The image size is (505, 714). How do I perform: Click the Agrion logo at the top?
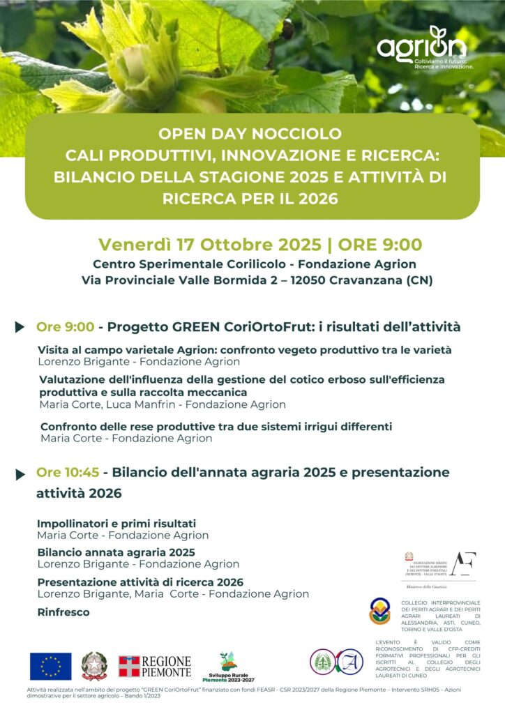[422, 47]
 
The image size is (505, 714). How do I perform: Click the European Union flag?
[50, 666]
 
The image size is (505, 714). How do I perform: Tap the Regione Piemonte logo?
[154, 667]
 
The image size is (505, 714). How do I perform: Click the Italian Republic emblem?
[94, 666]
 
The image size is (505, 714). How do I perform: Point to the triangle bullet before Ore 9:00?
[20, 327]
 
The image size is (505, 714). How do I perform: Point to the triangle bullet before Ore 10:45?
[20, 474]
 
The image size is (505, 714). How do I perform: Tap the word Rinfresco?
[63, 612]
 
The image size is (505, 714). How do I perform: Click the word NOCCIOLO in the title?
[298, 132]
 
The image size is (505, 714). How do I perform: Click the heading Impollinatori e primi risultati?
[116, 523]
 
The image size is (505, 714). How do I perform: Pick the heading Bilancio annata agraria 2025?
[116, 552]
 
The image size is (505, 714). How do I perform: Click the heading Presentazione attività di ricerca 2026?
[140, 582]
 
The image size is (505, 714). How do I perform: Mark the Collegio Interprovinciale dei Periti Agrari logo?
[380, 611]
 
